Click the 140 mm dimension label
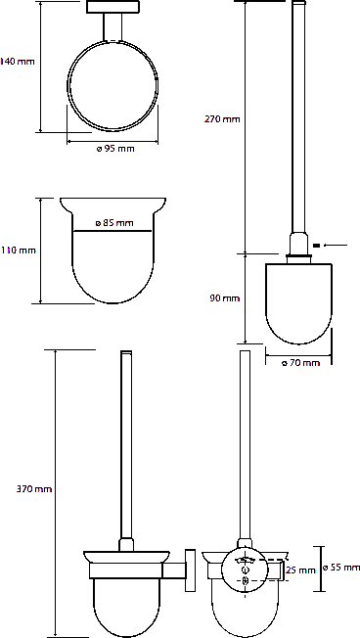pos(18,62)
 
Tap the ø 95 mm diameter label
pos(115,149)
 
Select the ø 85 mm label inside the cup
pos(114,223)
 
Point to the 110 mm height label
pos(19,251)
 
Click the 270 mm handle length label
pos(222,119)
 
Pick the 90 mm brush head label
pos(225,298)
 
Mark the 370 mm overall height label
pos(34,488)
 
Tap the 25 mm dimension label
pos(301,570)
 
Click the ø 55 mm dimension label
pos(341,568)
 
